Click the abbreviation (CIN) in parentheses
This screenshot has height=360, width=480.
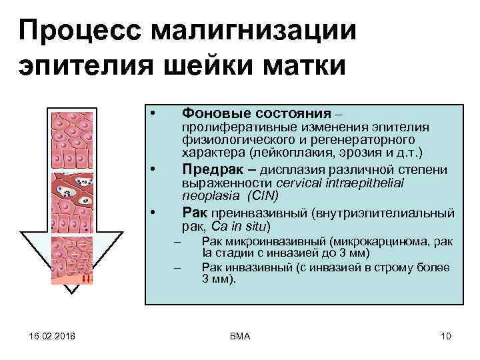pos(263,195)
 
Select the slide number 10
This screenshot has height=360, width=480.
pos(446,336)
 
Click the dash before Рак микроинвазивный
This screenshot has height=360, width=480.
pos(177,241)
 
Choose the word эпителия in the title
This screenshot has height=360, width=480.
pos(74,67)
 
